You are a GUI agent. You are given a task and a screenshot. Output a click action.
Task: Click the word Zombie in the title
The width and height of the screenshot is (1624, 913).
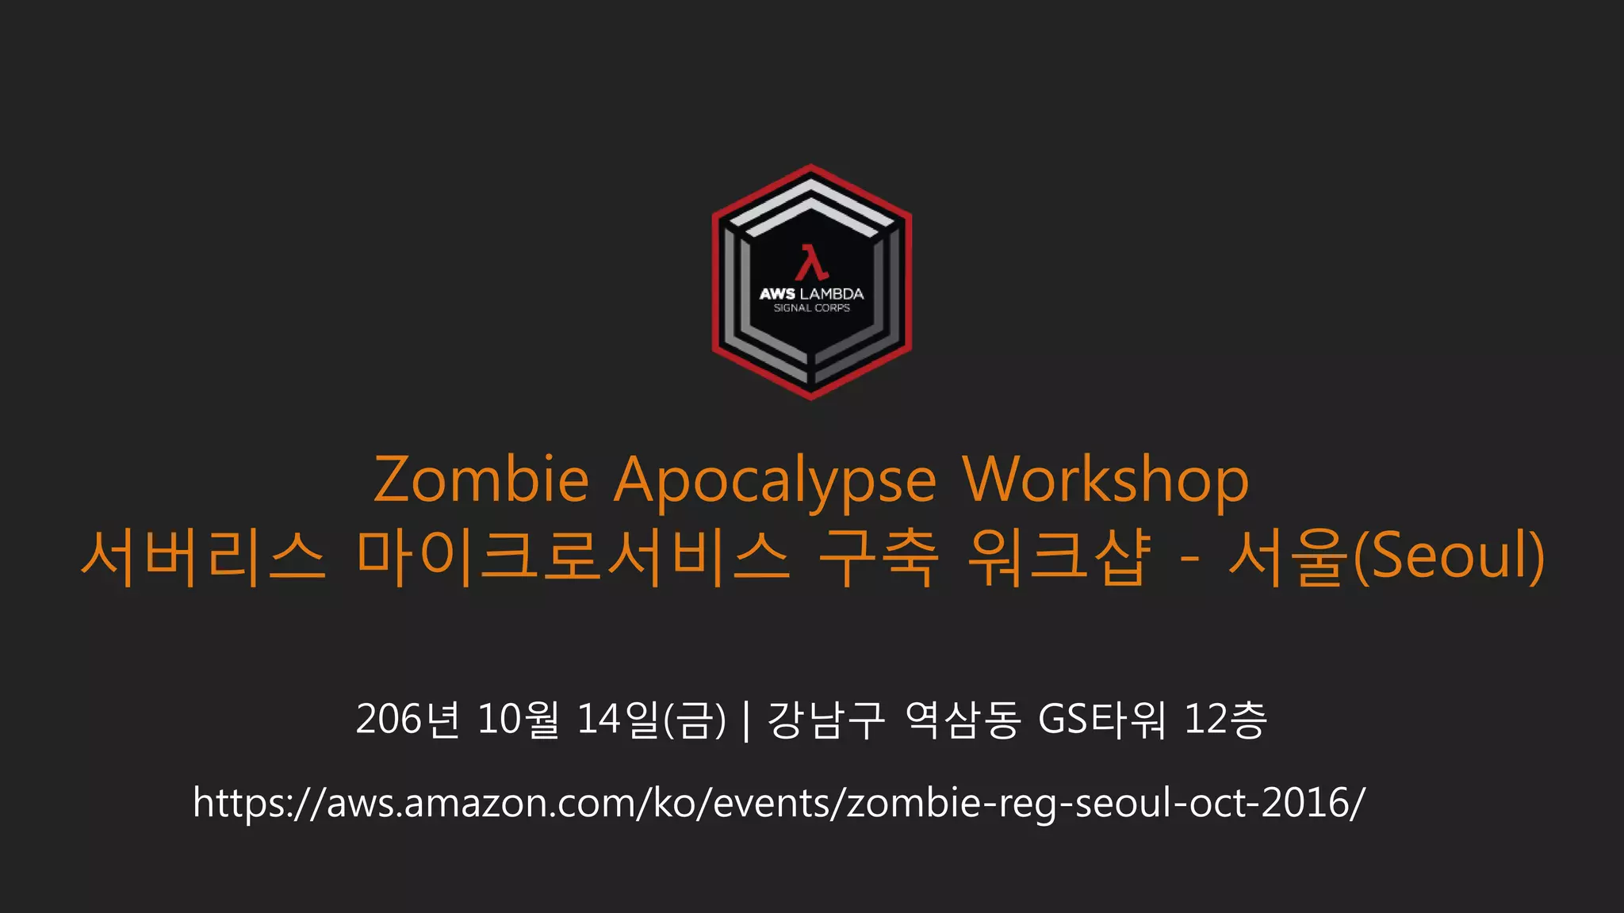[x=481, y=479]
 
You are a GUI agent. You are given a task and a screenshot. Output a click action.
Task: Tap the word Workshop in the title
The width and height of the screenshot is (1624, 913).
[x=1105, y=481]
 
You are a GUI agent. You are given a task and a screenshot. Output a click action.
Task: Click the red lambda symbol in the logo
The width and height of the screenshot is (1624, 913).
[x=811, y=262]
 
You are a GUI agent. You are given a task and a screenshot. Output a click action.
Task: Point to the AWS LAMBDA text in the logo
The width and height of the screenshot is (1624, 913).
[x=811, y=294]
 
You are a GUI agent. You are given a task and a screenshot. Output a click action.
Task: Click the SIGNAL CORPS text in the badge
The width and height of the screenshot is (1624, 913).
[x=811, y=308]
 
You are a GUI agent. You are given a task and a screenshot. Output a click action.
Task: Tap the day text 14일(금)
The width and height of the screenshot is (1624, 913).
[x=650, y=720]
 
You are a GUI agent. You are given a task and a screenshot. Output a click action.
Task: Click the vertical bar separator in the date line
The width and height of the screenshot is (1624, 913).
[x=747, y=720]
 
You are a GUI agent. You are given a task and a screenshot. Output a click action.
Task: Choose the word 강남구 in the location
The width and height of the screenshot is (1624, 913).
[x=825, y=720]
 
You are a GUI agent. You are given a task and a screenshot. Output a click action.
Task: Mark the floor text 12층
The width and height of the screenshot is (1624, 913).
[x=1225, y=720]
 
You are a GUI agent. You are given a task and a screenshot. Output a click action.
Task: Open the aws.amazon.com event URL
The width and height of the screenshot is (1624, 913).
[x=779, y=803]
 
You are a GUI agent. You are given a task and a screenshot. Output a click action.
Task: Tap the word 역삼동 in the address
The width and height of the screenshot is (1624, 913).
[x=962, y=720]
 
